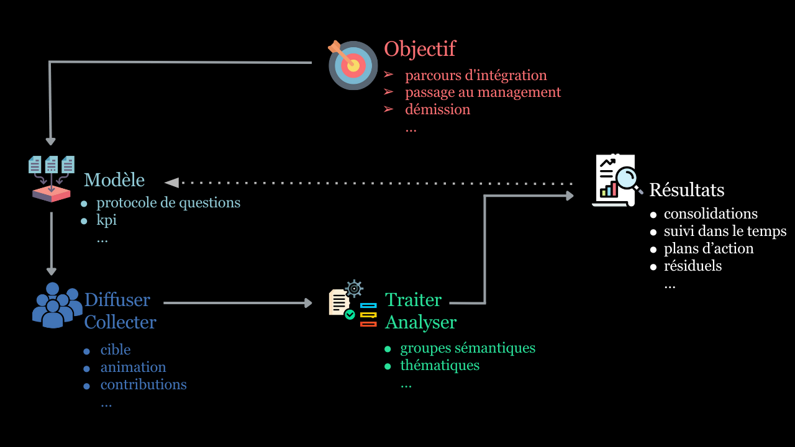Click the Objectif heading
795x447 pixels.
(x=420, y=48)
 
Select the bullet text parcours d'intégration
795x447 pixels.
(x=476, y=75)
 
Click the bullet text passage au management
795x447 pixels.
(x=483, y=92)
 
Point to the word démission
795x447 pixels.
(x=437, y=109)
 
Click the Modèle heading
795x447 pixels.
(x=114, y=180)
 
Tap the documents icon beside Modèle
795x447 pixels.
(x=52, y=178)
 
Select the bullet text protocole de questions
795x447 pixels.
(x=168, y=202)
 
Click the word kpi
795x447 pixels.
(x=106, y=220)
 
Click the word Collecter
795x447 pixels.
(x=120, y=322)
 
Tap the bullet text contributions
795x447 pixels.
(x=143, y=384)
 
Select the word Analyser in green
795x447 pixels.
(x=420, y=322)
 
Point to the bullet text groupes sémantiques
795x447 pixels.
(x=468, y=348)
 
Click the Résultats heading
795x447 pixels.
(x=686, y=189)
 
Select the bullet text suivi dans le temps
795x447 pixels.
(x=725, y=231)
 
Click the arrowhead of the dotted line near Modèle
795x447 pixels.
(x=172, y=183)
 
